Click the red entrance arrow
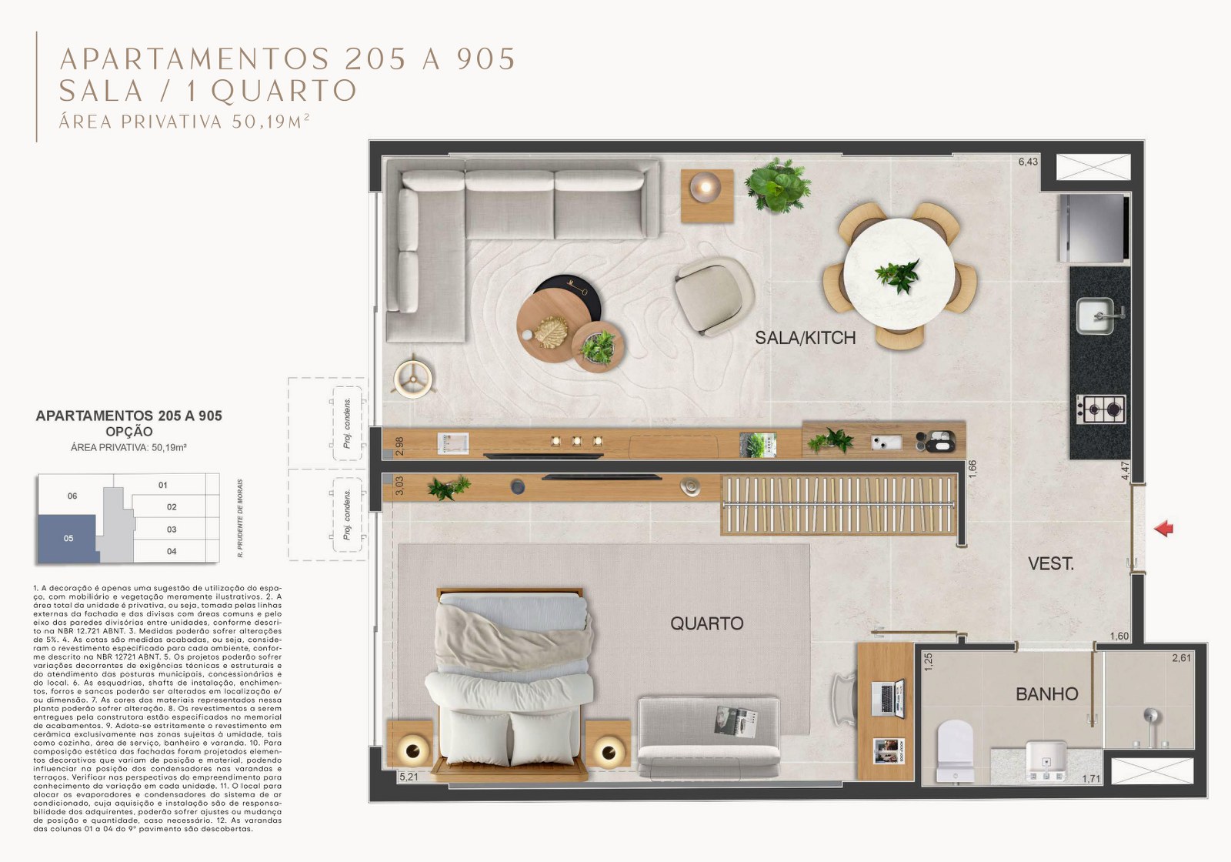tap(1164, 528)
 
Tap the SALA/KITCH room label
tap(805, 337)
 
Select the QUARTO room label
tap(706, 623)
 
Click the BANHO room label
tap(1046, 694)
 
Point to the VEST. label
tap(1051, 563)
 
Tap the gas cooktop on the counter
tap(1101, 409)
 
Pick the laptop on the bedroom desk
tap(889, 697)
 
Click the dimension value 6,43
tap(1028, 162)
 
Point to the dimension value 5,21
tap(409, 777)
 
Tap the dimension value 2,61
tap(1181, 658)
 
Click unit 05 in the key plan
tap(68, 538)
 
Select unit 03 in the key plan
tap(172, 530)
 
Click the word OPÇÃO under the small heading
tap(128, 432)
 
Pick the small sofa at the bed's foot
tap(707, 737)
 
